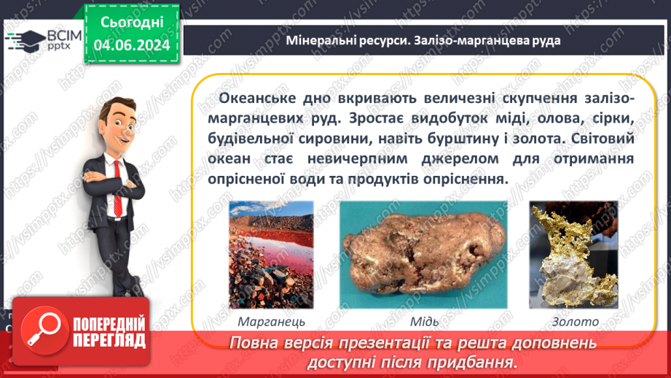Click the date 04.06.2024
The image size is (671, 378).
click(132, 45)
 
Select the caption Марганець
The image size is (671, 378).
click(271, 322)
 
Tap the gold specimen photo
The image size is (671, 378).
click(573, 255)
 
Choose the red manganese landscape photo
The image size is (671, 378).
click(271, 255)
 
